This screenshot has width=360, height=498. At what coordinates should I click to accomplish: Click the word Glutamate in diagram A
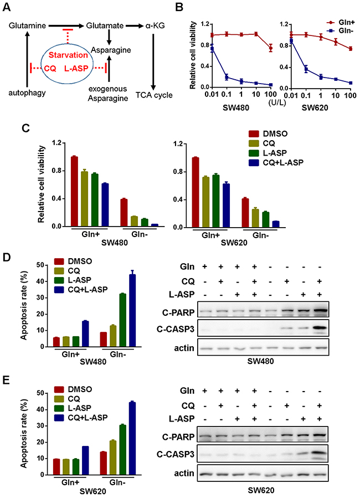105,25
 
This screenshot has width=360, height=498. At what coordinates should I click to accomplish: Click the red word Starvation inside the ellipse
68,55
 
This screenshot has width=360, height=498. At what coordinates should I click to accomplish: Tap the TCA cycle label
155,95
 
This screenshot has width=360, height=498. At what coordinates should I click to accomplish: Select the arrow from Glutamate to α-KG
135,25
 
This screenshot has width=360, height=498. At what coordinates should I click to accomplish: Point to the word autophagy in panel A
27,93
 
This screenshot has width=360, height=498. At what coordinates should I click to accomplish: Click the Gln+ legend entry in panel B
340,23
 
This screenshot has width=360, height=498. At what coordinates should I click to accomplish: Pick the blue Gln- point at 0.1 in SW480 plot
227,77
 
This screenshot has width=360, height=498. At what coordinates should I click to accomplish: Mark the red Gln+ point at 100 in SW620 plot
351,49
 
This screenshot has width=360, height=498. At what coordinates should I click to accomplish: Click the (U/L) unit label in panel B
277,103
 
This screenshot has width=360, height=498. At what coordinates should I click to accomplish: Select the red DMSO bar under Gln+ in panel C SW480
74,191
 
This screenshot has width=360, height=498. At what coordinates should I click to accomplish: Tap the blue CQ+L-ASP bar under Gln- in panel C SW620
276,224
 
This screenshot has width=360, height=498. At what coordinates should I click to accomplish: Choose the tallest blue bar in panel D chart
132,310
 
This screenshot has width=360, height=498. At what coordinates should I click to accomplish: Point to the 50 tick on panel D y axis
40,265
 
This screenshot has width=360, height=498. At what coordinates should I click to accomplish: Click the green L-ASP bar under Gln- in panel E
122,450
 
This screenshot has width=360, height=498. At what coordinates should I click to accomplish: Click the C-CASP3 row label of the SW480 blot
175,330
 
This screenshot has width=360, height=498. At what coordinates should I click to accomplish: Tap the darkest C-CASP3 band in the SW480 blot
320,327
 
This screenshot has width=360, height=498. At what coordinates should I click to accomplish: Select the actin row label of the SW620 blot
184,473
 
